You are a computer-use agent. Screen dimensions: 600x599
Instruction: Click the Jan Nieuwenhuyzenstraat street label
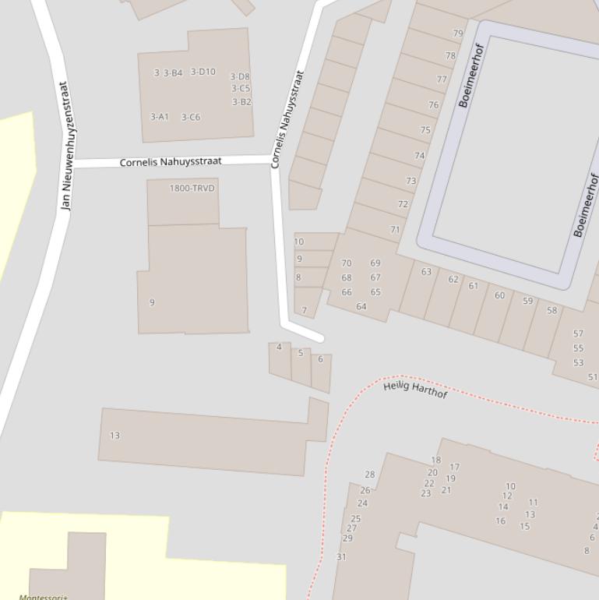(x=65, y=146)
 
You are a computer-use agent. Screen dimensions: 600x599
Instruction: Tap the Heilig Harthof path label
(x=415, y=389)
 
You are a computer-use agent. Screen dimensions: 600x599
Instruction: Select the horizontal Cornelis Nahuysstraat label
(x=171, y=162)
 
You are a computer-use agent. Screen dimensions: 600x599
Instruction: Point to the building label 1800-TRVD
(x=192, y=189)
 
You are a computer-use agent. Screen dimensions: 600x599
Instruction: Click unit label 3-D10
(x=203, y=72)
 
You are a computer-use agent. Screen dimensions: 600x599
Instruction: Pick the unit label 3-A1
(x=159, y=117)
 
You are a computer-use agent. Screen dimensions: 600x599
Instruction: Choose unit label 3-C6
(x=191, y=118)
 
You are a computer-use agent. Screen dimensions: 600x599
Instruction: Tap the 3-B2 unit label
(x=241, y=102)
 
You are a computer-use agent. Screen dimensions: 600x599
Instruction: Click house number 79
(x=458, y=34)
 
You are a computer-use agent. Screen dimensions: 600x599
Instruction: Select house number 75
(x=425, y=130)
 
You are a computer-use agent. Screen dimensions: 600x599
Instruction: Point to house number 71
(x=396, y=230)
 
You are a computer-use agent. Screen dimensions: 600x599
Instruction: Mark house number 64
(x=361, y=306)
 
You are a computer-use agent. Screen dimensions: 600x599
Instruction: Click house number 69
(x=375, y=263)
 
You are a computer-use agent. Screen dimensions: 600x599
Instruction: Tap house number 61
(x=474, y=286)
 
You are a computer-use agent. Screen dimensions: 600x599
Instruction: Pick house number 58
(x=552, y=310)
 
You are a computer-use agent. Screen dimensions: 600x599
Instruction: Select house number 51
(x=593, y=377)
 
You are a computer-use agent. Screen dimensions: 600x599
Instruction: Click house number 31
(x=341, y=557)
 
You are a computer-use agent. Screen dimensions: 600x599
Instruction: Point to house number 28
(x=370, y=474)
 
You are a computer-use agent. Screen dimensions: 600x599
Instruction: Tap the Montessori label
(x=43, y=597)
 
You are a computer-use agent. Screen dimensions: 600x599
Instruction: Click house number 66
(x=347, y=292)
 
